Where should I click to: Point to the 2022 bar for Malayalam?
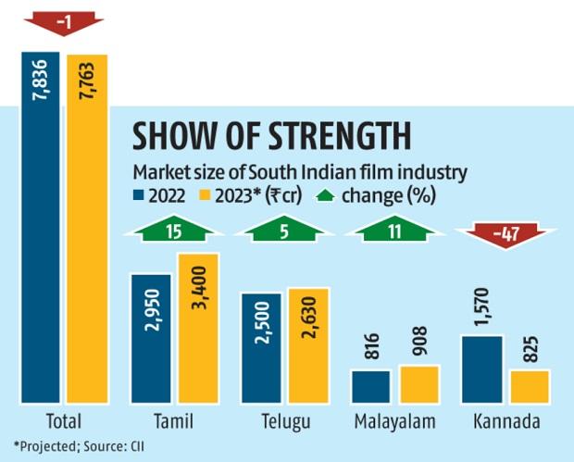(x=371, y=386)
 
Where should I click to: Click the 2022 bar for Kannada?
(x=481, y=368)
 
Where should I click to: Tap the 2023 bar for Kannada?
(x=530, y=385)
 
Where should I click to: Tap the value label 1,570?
(x=481, y=306)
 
